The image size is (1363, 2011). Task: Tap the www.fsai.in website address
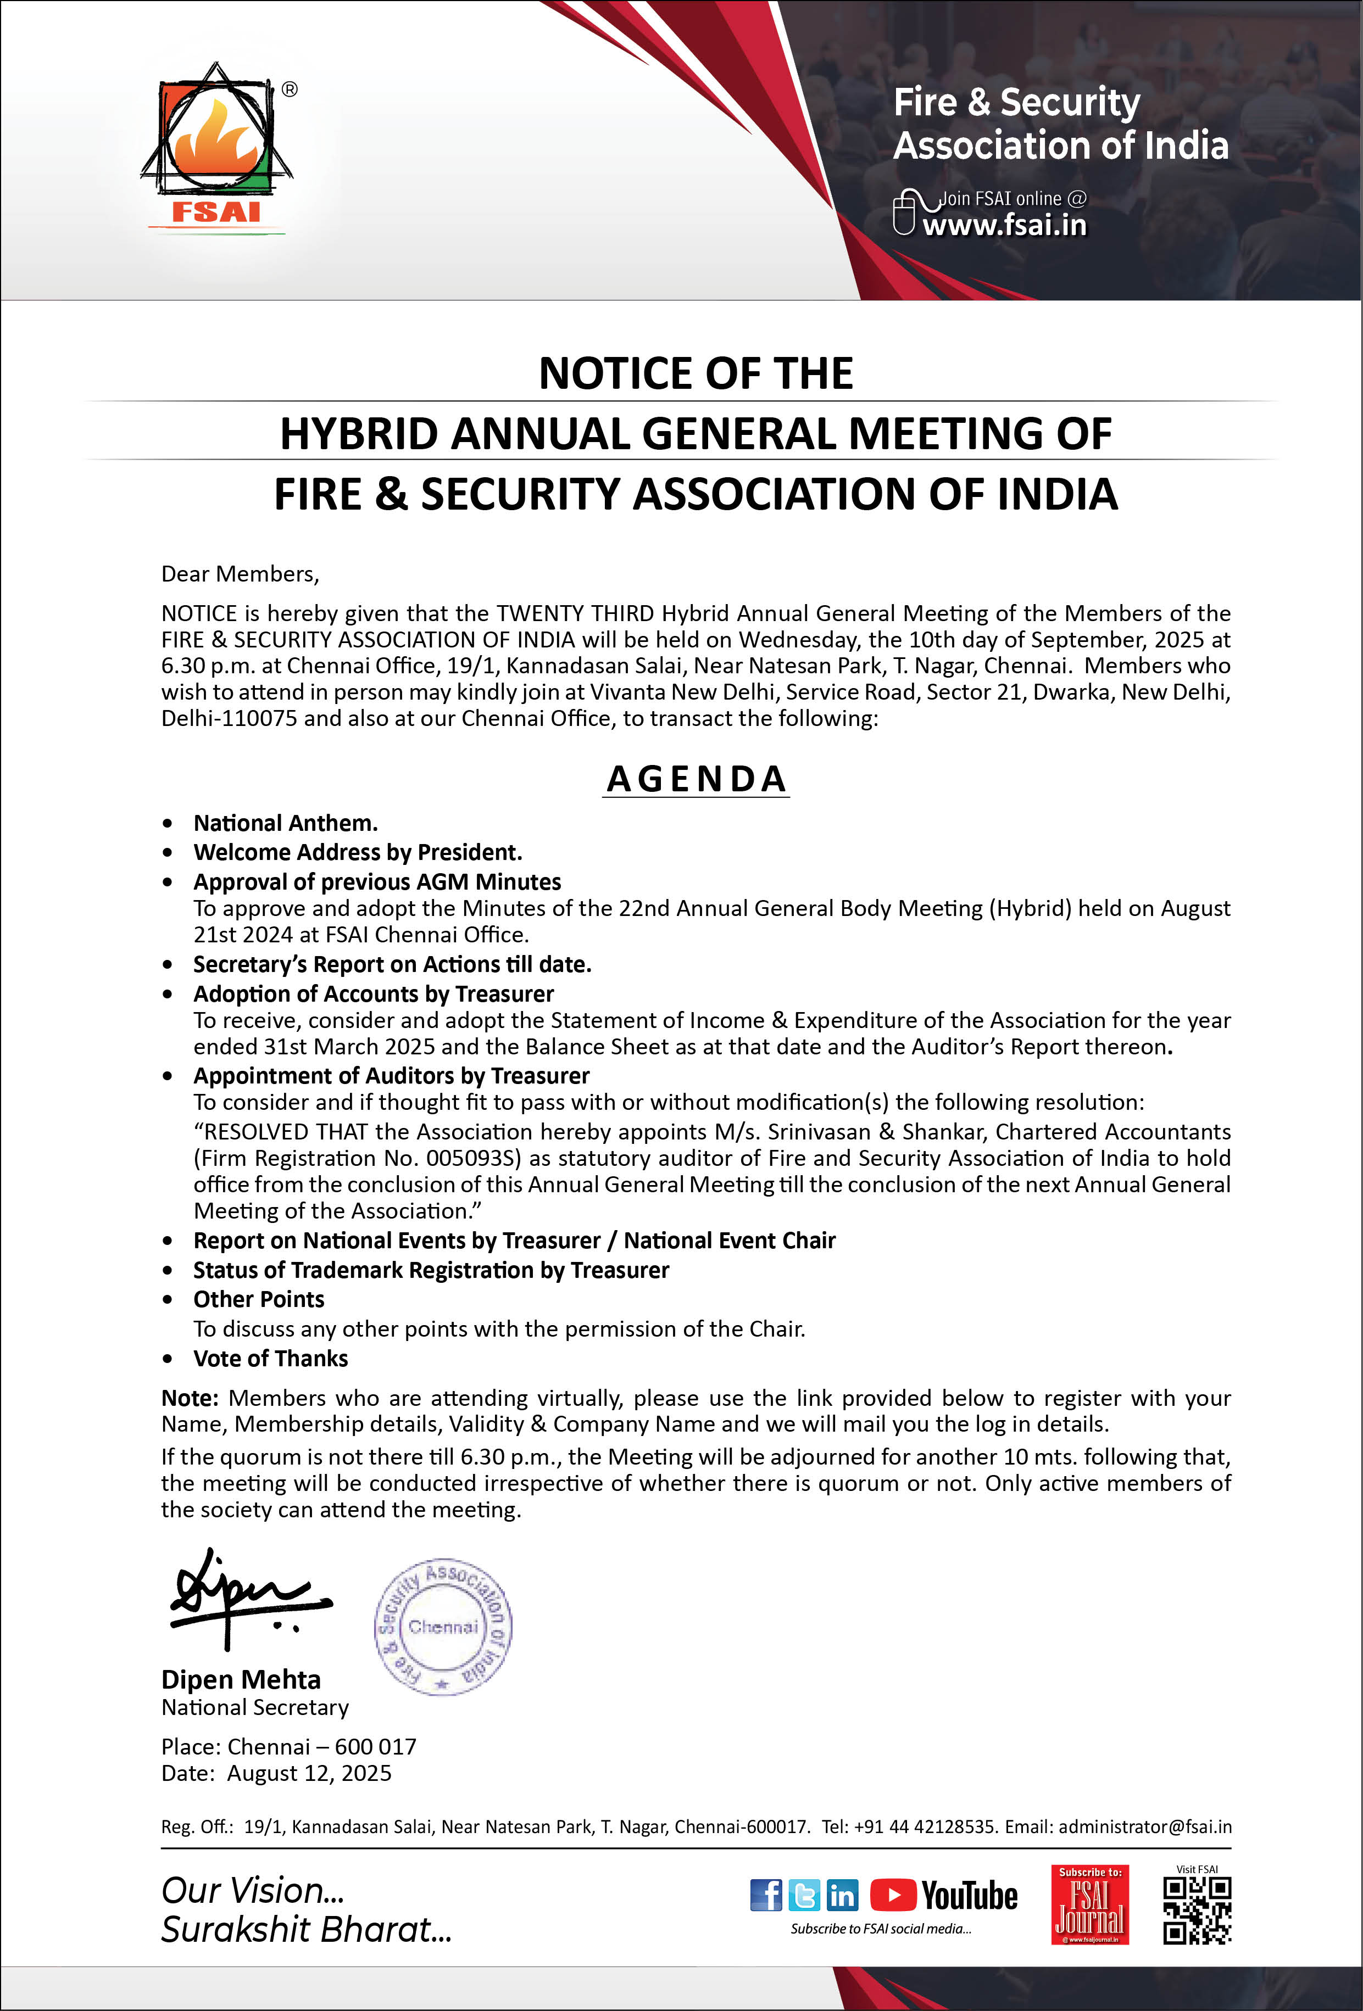click(1004, 226)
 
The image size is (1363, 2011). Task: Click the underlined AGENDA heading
click(696, 779)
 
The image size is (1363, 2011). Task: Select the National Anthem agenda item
click(286, 823)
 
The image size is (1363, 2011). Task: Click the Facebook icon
click(766, 1895)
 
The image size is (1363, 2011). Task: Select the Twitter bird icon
click(804, 1895)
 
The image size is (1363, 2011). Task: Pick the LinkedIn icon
click(842, 1895)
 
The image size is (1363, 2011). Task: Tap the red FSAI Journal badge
click(1089, 1904)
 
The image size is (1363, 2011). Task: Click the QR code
click(1197, 1910)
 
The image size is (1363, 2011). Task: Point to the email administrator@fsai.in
click(1145, 1826)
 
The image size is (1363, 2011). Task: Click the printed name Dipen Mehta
click(241, 1679)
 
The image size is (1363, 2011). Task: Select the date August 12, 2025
click(309, 1773)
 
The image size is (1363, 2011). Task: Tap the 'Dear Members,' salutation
click(240, 574)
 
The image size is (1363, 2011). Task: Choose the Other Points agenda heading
click(259, 1300)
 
